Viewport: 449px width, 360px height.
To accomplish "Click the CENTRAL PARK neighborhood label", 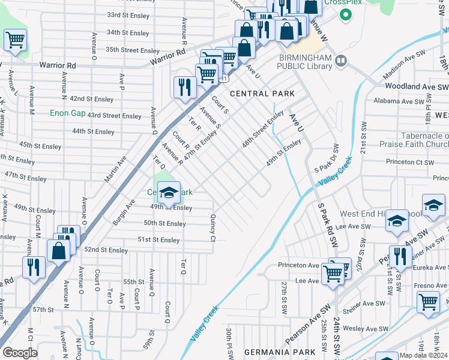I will click(262, 94).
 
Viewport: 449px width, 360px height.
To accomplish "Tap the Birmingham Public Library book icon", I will click(342, 61).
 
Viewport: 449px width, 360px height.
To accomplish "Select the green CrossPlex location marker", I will click(345, 14).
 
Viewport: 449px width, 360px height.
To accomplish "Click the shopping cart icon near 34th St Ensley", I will click(16, 40).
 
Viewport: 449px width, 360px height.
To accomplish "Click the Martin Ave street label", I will click(115, 170).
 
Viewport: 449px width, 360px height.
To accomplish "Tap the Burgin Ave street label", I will click(123, 213).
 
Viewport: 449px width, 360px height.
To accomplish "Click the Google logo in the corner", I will click(19, 353).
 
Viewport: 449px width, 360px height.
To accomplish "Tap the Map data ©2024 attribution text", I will click(424, 355).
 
